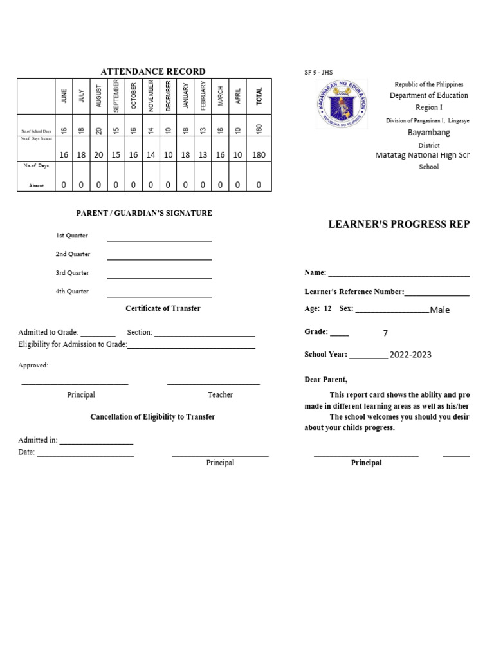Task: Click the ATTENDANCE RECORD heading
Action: [152, 71]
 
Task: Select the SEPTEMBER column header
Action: [116, 96]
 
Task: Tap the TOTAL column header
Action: [259, 97]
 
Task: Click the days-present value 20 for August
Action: [98, 155]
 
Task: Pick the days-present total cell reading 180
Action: [259, 155]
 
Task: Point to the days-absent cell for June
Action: [64, 185]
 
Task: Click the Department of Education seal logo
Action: [343, 104]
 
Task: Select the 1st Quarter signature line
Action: [159, 240]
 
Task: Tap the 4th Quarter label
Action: [72, 292]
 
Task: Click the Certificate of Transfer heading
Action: [163, 308]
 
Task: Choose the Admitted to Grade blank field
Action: [98, 335]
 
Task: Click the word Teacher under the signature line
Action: [220, 394]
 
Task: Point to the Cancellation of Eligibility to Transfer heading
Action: [152, 417]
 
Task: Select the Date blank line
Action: [85, 455]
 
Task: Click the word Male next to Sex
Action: [440, 310]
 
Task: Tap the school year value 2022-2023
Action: [410, 355]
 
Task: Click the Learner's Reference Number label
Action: [354, 292]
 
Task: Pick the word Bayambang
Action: [428, 133]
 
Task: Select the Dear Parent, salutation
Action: [325, 380]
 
